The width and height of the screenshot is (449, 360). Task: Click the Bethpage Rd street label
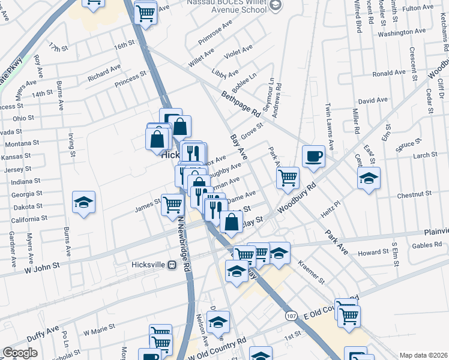pyautogui.click(x=241, y=103)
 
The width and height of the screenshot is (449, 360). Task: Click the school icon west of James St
pyautogui.click(x=84, y=203)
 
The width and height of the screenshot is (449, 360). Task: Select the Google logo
pyautogui.click(x=20, y=353)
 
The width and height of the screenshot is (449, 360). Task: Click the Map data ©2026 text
pyautogui.click(x=424, y=355)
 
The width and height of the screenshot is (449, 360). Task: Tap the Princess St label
pyautogui.click(x=130, y=79)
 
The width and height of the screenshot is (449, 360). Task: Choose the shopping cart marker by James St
pyautogui.click(x=172, y=205)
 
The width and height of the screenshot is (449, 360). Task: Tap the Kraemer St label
pyautogui.click(x=311, y=272)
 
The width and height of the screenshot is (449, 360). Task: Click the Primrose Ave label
pyautogui.click(x=219, y=28)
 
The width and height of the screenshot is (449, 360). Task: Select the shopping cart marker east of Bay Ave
pyautogui.click(x=288, y=178)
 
